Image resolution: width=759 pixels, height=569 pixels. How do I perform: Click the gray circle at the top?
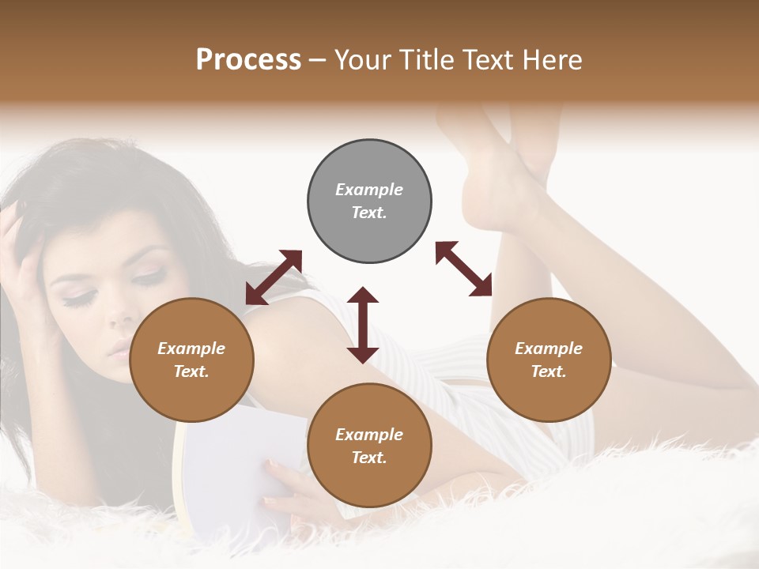click(x=369, y=202)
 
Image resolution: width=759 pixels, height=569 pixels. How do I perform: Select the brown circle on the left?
click(x=191, y=360)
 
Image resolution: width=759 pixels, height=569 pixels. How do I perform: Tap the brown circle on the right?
click(x=549, y=360)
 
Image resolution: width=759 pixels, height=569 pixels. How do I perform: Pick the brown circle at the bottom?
click(x=369, y=446)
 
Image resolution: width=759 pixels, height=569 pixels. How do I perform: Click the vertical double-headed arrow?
click(x=363, y=325)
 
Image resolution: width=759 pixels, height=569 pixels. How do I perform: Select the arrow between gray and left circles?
click(x=274, y=277)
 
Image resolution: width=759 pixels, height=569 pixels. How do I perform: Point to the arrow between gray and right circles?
click(x=463, y=269)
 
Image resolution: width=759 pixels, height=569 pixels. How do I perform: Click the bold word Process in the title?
click(x=248, y=59)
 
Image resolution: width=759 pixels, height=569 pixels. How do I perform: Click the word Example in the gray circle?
click(x=369, y=190)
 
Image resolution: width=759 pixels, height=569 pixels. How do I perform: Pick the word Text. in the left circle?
click(x=191, y=371)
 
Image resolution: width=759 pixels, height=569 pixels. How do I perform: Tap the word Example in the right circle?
click(x=549, y=349)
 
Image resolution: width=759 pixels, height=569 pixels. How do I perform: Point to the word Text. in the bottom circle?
click(x=369, y=458)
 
